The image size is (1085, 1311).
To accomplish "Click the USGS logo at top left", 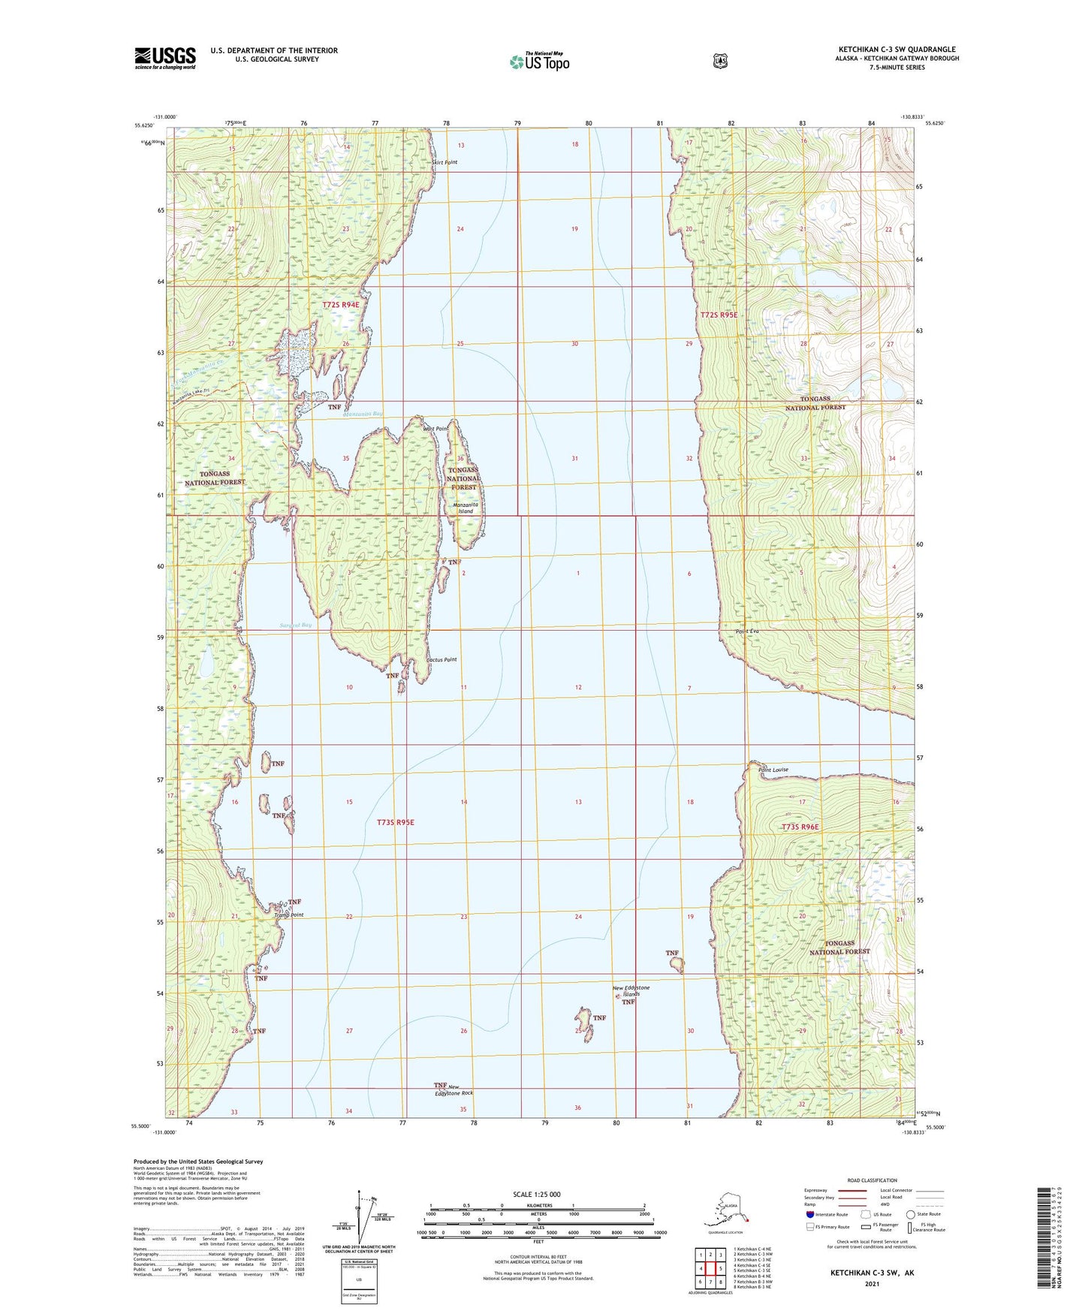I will coord(165,58).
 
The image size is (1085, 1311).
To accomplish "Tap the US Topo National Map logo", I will coord(539,61).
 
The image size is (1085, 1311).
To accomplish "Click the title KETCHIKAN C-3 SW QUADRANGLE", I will coord(897,50).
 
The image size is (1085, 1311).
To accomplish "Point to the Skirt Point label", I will coord(444,162).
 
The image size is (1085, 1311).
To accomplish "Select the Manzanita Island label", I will coord(466,508).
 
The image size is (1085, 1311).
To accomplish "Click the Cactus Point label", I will coord(442,660).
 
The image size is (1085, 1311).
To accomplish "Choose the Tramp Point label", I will coord(289,915).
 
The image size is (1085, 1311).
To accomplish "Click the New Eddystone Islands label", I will coord(631,991).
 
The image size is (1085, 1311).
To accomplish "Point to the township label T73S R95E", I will coord(395,822).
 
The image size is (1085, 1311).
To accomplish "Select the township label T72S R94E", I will coord(341,305).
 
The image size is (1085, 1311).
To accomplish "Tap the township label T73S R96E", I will coord(800,827).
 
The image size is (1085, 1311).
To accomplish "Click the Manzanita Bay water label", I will coord(363,414).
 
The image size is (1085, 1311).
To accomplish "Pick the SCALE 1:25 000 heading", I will coord(536,1194).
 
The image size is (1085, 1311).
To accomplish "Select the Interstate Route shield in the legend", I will coord(809,1214).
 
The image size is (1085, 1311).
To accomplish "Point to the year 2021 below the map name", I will coord(871,1284).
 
